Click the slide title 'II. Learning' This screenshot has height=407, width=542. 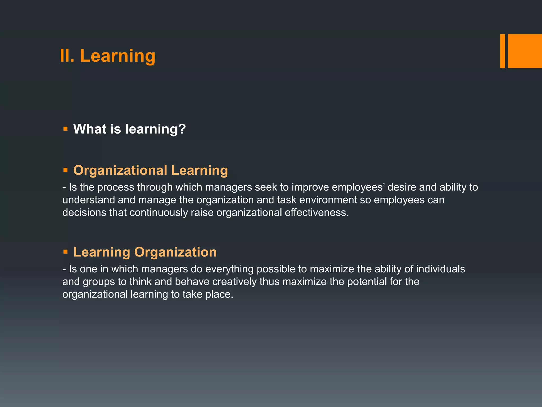point(107,56)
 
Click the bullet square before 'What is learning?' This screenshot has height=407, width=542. point(65,129)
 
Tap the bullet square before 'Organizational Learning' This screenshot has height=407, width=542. point(65,170)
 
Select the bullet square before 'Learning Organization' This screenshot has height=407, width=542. point(65,251)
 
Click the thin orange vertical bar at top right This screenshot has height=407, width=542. point(502,51)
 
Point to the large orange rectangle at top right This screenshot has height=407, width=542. point(525,51)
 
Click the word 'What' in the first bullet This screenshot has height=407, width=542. point(90,129)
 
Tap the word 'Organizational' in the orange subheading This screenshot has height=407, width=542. point(120,170)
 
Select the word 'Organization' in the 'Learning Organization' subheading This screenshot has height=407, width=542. point(175,252)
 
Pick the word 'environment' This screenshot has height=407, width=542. point(328,200)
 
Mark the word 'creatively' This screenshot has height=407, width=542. point(234,282)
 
